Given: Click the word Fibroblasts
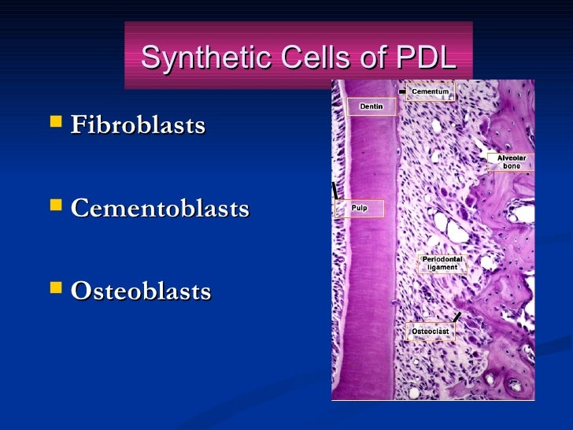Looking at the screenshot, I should click(138, 125).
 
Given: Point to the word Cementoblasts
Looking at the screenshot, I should click(160, 209).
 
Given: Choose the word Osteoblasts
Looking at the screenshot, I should click(141, 291).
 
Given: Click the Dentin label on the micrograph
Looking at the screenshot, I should click(372, 106).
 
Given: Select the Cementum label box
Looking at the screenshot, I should click(431, 91).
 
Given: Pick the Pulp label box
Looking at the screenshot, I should click(360, 208).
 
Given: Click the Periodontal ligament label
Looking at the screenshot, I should click(442, 263).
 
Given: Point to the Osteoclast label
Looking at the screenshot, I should click(431, 332).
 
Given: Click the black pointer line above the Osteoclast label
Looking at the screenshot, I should click(457, 317).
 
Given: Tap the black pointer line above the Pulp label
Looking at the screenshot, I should click(336, 189).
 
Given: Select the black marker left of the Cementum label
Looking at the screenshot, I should click(402, 92).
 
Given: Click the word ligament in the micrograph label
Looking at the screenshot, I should click(442, 268).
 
